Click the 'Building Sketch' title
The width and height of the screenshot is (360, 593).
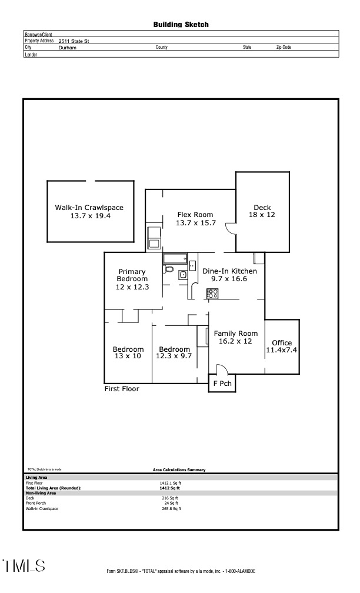(181, 25)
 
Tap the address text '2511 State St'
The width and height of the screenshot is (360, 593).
(74, 41)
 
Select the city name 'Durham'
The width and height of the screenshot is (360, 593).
(68, 48)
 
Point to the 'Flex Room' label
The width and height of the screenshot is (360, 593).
(195, 215)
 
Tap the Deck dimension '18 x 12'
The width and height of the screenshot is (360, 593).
(262, 215)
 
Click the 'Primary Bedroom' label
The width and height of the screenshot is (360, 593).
(132, 275)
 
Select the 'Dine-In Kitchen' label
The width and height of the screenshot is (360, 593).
(229, 271)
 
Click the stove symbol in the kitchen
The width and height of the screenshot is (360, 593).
(212, 293)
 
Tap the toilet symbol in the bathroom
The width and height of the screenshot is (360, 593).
(170, 269)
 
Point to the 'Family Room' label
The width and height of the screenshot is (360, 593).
(235, 334)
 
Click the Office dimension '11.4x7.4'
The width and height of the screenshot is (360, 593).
(282, 351)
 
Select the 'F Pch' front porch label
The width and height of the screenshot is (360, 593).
(222, 384)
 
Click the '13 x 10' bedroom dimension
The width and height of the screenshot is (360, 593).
(128, 357)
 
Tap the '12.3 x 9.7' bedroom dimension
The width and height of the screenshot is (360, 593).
(174, 357)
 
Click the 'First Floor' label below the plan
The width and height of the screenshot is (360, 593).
(122, 389)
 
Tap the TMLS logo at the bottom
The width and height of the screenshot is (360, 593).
(24, 566)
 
